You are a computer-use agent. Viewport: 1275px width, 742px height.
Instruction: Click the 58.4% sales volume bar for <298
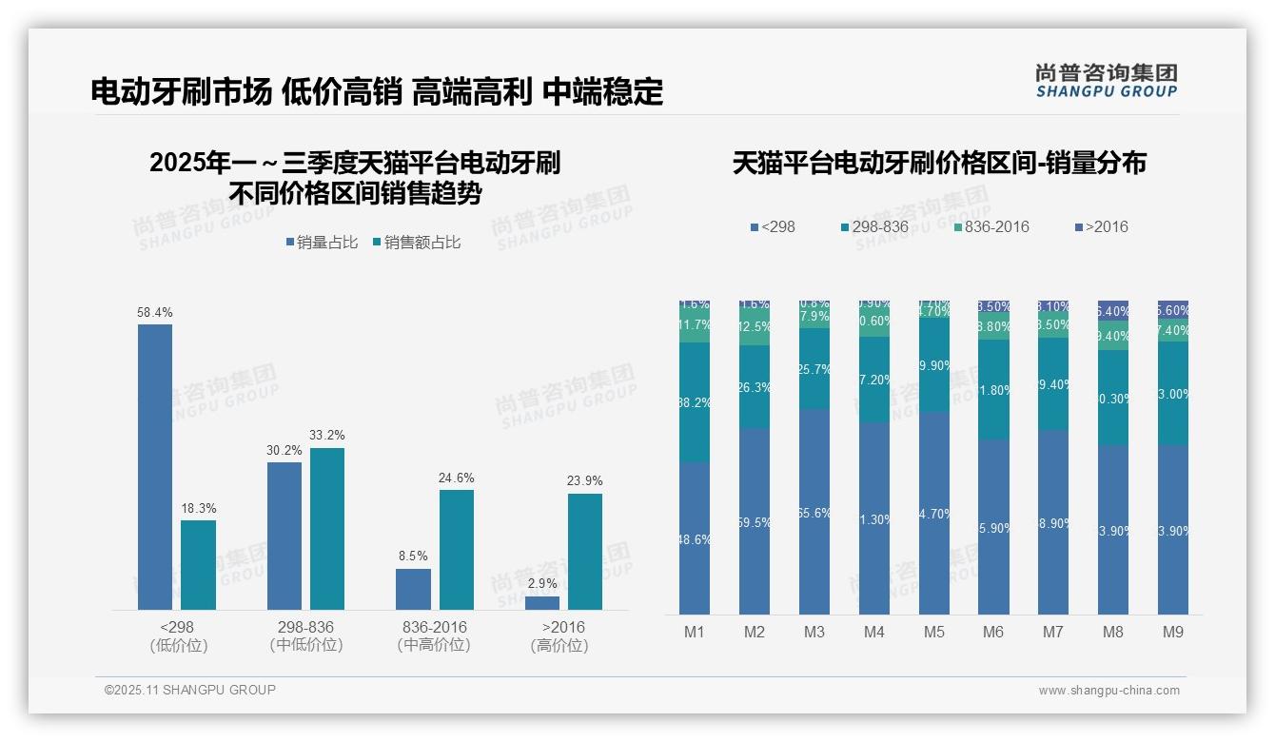point(155,466)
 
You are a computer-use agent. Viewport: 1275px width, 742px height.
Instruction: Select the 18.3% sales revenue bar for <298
point(198,564)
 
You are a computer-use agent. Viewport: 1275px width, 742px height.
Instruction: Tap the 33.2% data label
point(326,436)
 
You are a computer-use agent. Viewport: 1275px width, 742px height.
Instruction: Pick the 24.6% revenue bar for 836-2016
point(456,549)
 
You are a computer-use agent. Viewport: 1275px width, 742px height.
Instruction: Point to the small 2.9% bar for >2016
point(542,602)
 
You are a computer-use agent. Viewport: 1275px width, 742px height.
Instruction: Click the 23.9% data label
point(584,480)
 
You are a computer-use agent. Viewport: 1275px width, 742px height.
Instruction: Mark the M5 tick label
point(933,632)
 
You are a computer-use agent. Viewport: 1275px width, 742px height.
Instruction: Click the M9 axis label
point(1172,632)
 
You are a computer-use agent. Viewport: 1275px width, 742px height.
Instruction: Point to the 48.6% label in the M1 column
point(695,539)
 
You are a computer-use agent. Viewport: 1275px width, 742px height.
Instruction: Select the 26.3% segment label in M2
point(755,387)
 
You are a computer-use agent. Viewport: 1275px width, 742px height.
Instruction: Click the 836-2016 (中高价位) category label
point(434,635)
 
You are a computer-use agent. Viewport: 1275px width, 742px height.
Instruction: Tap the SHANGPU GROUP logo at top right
point(1107,81)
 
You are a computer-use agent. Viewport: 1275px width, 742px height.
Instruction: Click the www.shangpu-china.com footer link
point(1108,691)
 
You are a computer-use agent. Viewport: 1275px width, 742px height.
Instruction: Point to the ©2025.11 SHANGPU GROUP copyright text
point(190,690)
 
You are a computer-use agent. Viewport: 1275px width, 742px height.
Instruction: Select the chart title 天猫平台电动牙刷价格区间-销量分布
point(939,163)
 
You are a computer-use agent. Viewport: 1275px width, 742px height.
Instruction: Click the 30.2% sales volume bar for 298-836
point(284,536)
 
